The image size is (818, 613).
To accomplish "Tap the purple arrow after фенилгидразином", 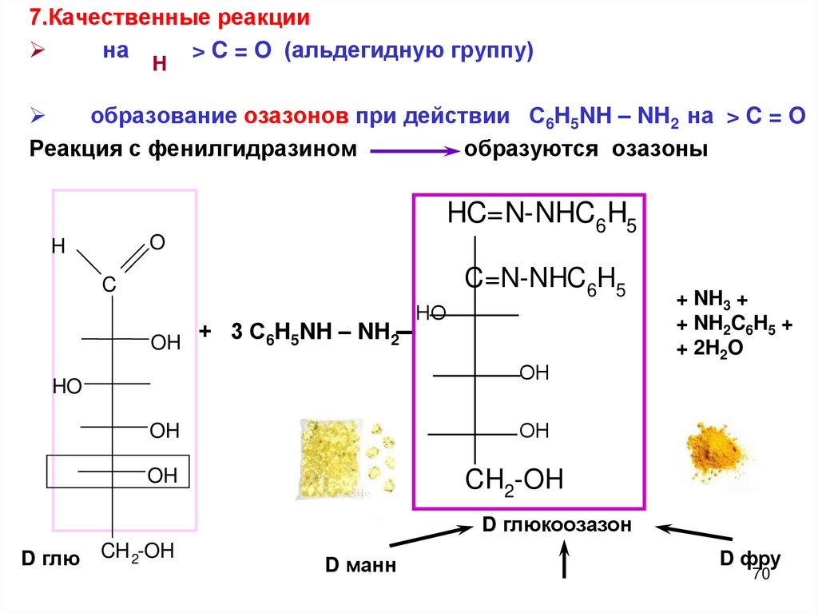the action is pyautogui.click(x=414, y=150).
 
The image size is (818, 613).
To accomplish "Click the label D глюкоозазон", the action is pyautogui.click(x=557, y=526).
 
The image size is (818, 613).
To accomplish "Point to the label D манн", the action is pyautogui.click(x=359, y=566).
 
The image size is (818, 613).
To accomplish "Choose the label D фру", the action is pyautogui.click(x=749, y=558).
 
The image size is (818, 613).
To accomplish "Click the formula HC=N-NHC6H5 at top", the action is pyautogui.click(x=541, y=217).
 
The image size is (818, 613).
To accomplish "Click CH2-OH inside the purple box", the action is pyautogui.click(x=514, y=480).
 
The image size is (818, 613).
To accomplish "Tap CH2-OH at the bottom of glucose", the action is pyautogui.click(x=137, y=551).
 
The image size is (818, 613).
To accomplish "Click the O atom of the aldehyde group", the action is pyautogui.click(x=157, y=241).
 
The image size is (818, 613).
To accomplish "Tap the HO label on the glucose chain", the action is pyautogui.click(x=67, y=388).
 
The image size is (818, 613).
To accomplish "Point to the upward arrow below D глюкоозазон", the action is pyautogui.click(x=566, y=559).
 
